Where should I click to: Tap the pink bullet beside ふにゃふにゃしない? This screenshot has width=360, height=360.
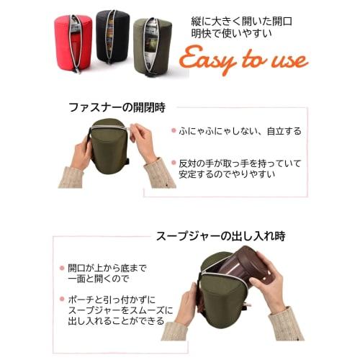click(174, 131)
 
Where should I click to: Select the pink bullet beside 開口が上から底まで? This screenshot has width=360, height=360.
click(63, 267)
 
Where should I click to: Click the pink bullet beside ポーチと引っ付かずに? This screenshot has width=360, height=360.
click(63, 297)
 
